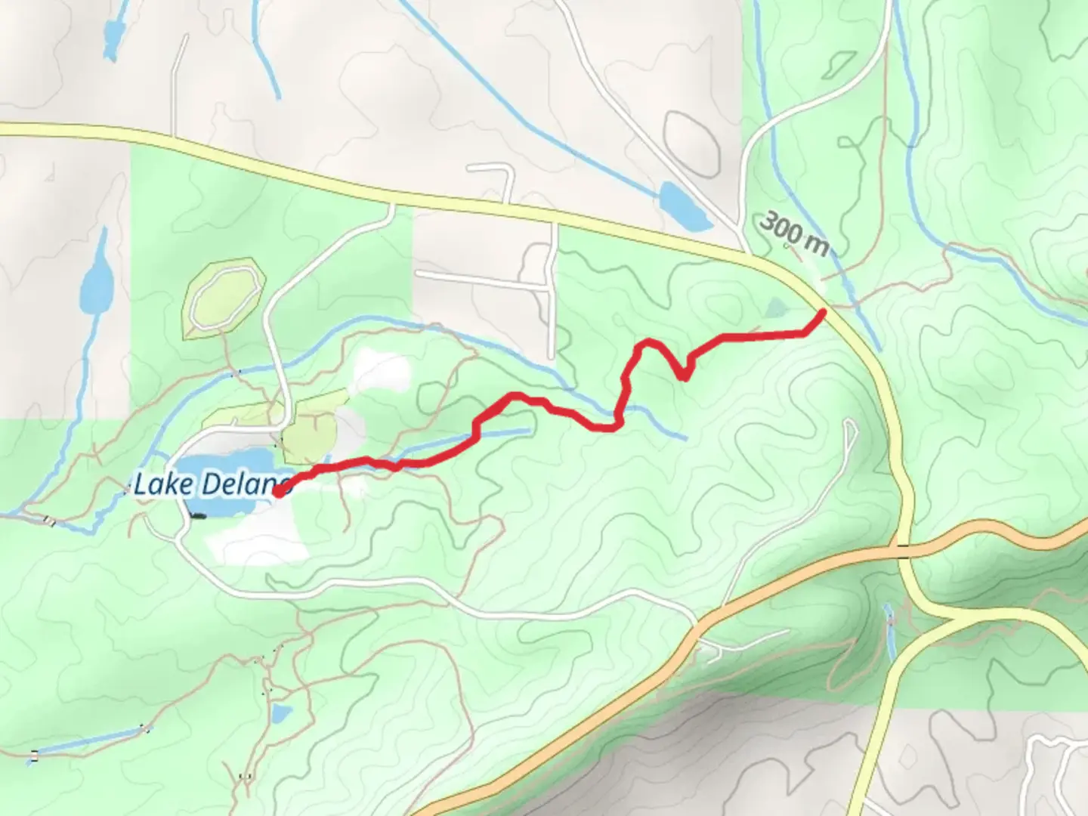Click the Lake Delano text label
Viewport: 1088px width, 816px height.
[212, 484]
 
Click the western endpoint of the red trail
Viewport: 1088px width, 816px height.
[277, 493]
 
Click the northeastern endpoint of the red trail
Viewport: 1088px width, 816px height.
[822, 311]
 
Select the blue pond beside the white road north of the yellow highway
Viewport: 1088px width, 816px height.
[684, 206]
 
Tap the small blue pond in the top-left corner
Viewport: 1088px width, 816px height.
[113, 35]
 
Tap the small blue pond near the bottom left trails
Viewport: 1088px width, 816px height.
[281, 712]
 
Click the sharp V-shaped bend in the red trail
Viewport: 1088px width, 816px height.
[685, 376]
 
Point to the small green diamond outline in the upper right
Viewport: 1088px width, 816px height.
[839, 65]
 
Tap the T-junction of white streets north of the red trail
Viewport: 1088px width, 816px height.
[549, 286]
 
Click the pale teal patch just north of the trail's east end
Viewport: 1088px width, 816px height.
[776, 308]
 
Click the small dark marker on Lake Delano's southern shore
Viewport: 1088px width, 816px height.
[198, 516]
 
